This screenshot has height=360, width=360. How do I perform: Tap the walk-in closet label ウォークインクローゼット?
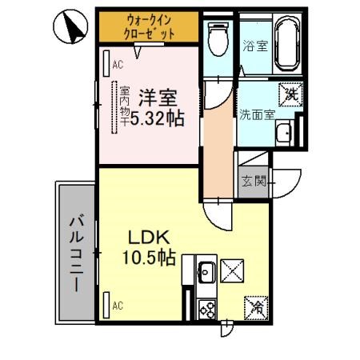pos(149,26)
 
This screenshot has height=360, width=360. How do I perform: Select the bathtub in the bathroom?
pos(286,45)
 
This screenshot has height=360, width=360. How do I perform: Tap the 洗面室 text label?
pos(255,113)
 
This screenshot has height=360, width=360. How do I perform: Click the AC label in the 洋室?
pos(117,65)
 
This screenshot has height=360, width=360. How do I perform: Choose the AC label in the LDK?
pos(117,305)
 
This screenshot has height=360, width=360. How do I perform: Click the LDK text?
pos(148,238)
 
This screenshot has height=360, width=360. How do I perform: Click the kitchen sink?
pos(205,273)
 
